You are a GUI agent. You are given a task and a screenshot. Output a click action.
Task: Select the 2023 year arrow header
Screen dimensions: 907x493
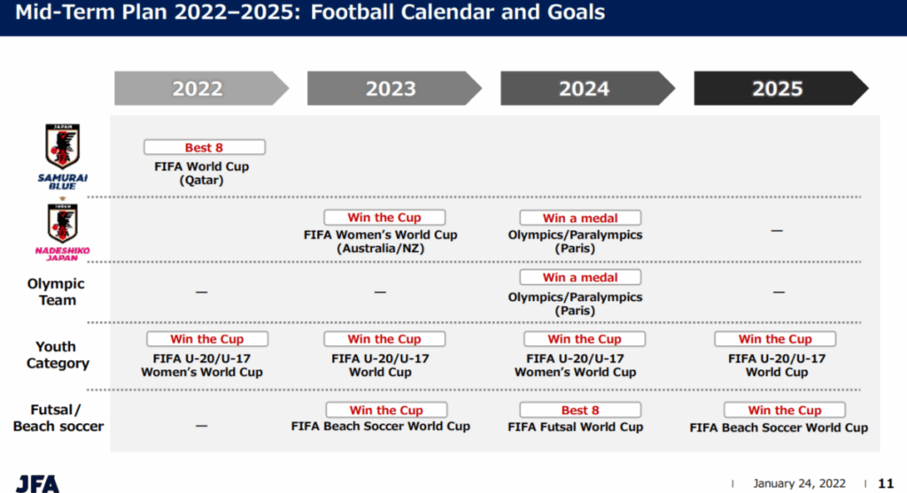click(394, 89)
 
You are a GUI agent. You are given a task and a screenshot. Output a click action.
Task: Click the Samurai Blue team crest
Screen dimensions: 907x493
click(63, 147)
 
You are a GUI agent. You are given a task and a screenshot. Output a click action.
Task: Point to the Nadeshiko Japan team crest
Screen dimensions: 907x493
click(63, 223)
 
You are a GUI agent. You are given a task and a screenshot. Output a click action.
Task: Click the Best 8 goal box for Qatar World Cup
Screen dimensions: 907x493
click(205, 148)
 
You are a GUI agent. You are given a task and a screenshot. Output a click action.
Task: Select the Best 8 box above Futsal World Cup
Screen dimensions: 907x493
click(580, 410)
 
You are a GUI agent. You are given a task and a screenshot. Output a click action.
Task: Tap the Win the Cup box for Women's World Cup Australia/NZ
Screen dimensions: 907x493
click(384, 218)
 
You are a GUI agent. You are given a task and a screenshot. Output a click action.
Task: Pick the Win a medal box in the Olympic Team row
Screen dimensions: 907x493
click(580, 277)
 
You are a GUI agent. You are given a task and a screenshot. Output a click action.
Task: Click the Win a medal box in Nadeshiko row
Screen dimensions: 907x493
click(580, 218)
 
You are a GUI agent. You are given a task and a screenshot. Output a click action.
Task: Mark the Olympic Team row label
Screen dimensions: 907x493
click(56, 292)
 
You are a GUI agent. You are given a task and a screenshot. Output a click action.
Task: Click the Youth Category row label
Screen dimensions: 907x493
click(58, 355)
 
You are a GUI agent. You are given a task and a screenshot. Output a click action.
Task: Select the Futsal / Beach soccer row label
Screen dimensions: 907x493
click(58, 418)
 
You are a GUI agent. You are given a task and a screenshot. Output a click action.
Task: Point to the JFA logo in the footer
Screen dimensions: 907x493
click(37, 484)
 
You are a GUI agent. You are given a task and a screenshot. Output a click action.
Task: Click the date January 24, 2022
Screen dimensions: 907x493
click(799, 483)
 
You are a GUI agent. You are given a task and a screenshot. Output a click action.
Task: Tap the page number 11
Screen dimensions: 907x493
click(886, 483)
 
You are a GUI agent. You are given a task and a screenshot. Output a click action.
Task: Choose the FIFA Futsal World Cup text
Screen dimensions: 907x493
click(576, 428)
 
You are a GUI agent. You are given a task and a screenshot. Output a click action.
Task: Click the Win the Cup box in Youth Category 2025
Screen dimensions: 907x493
click(775, 339)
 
